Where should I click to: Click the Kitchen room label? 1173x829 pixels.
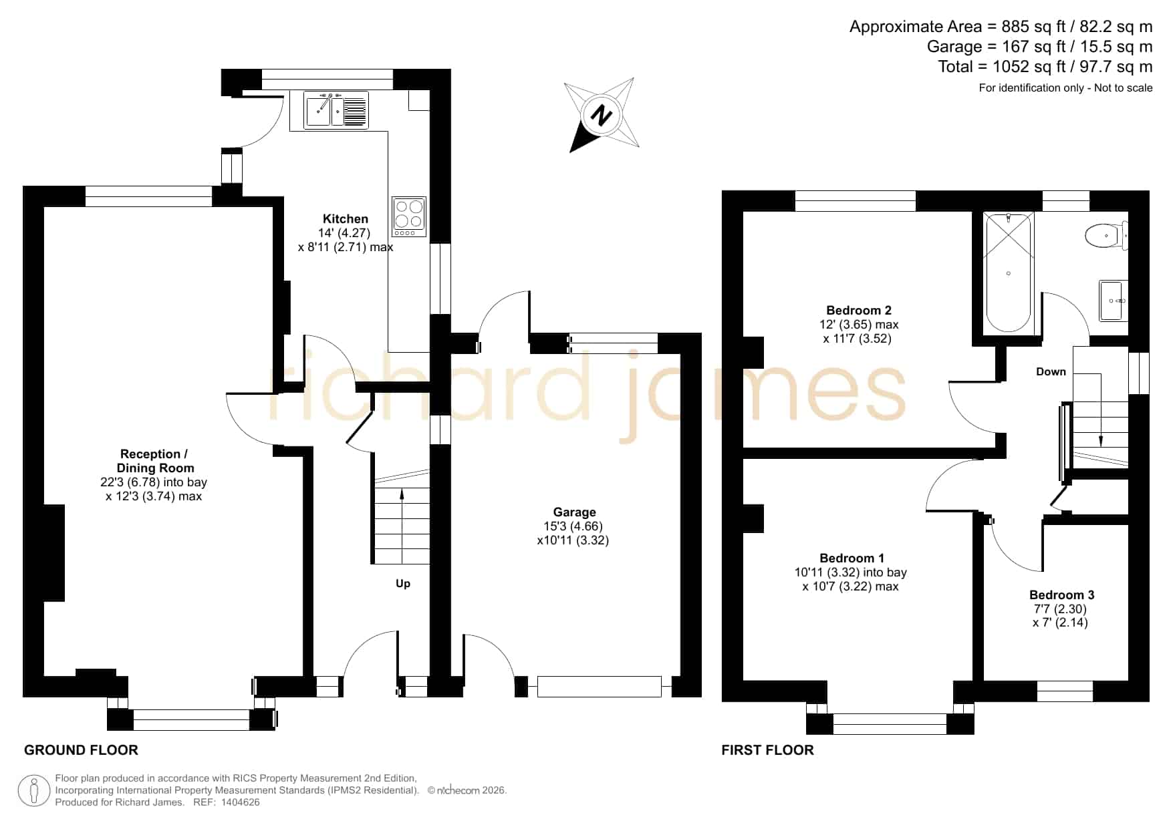[x=346, y=219]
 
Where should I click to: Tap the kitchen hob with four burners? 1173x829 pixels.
[x=409, y=216]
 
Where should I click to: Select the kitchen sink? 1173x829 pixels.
[x=336, y=110]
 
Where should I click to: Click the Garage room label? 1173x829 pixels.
[x=574, y=512]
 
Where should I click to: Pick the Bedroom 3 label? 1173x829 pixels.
[x=1061, y=595]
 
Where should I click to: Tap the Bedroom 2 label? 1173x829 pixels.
[x=859, y=310]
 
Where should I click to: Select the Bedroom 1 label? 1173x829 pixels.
[x=852, y=558]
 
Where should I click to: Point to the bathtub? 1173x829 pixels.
[x=1009, y=273]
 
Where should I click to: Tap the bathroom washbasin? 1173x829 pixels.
[x=1114, y=301]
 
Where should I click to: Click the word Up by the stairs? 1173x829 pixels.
[x=403, y=584]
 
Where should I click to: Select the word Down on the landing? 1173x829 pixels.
[x=1051, y=372]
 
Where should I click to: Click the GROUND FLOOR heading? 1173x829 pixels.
[x=81, y=750]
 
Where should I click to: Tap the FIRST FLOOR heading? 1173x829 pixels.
[x=767, y=750]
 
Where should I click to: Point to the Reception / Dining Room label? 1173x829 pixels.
[x=155, y=461]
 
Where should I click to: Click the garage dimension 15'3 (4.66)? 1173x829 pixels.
[x=573, y=526]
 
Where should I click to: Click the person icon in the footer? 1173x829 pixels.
[x=33, y=791]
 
